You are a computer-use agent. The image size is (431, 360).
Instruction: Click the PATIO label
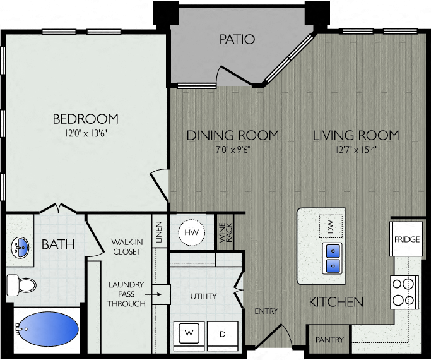pyautogui.click(x=237, y=40)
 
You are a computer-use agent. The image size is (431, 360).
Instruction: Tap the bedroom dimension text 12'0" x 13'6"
pyautogui.click(x=85, y=133)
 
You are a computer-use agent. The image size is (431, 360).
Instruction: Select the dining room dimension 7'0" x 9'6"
pyautogui.click(x=232, y=150)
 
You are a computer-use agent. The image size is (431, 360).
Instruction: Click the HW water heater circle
pyautogui.click(x=191, y=233)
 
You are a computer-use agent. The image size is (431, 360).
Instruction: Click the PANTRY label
pyautogui.click(x=329, y=340)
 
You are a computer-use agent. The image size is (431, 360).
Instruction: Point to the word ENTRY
pyautogui.click(x=266, y=311)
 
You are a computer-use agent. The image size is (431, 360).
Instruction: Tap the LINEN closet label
pyautogui.click(x=159, y=232)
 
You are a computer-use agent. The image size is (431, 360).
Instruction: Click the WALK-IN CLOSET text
pyautogui.click(x=126, y=246)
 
